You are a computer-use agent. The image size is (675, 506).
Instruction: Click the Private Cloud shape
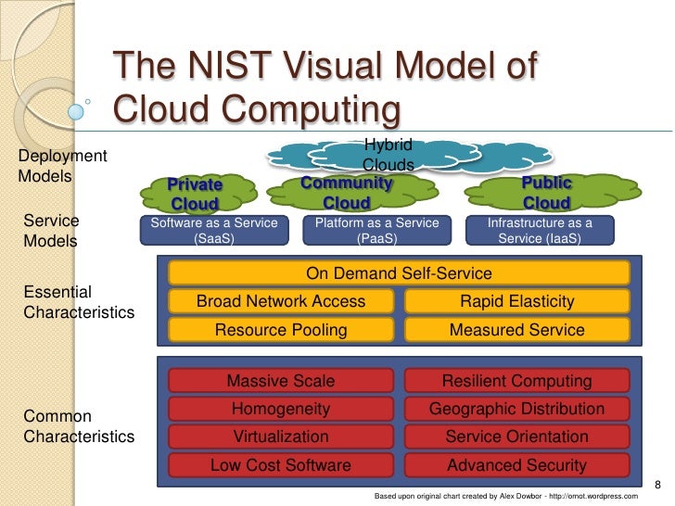pyautogui.click(x=195, y=195)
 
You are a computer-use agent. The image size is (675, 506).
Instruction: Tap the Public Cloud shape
pyautogui.click(x=546, y=193)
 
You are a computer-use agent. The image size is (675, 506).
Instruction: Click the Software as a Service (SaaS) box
pyautogui.click(x=214, y=230)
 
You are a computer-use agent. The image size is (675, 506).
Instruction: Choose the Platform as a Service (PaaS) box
pyautogui.click(x=376, y=230)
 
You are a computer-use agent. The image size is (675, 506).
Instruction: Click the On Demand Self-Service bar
pyautogui.click(x=399, y=273)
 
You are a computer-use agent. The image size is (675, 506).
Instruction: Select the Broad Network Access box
pyautogui.click(x=281, y=301)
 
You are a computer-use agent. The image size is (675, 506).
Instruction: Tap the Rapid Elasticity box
pyautogui.click(x=516, y=301)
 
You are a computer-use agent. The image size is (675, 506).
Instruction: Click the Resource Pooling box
pyautogui.click(x=281, y=330)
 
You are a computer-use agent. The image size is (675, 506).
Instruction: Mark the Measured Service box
pyautogui.click(x=516, y=330)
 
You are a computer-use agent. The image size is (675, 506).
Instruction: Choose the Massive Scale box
pyautogui.click(x=281, y=381)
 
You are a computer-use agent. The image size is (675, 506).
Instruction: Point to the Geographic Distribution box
pyautogui.click(x=516, y=409)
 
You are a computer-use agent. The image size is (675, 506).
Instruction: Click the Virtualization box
pyautogui.click(x=281, y=436)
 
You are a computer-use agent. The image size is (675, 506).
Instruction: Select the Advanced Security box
pyautogui.click(x=516, y=465)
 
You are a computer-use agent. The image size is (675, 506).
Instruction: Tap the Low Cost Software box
pyautogui.click(x=281, y=465)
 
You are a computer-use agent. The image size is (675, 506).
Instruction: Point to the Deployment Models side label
pyautogui.click(x=63, y=165)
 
